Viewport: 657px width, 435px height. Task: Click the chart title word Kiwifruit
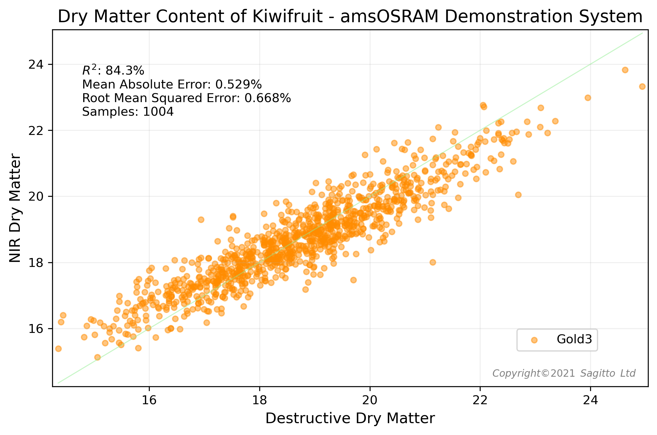(x=287, y=17)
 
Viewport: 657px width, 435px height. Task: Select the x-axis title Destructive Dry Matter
(x=350, y=418)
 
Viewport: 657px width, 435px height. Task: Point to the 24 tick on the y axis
(x=36, y=65)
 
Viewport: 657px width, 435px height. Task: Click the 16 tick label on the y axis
(x=36, y=329)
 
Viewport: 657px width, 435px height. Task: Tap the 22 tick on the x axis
(x=480, y=400)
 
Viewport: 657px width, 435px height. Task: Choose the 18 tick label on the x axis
(x=260, y=400)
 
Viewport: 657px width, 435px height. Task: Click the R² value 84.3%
(x=125, y=71)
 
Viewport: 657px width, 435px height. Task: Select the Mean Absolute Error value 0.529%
(x=239, y=85)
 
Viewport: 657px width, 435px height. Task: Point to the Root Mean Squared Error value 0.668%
(x=268, y=98)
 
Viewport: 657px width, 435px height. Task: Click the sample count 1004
(x=158, y=112)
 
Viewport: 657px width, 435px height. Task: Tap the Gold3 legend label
(x=574, y=339)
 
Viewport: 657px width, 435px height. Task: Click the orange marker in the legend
(x=534, y=340)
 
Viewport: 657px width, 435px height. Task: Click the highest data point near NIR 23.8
(x=625, y=70)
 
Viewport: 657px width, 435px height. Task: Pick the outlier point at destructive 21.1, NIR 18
(x=433, y=262)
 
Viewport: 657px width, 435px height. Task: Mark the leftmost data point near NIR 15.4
(x=58, y=349)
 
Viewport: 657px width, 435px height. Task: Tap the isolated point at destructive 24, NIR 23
(x=588, y=98)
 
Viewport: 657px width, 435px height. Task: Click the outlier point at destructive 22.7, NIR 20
(x=518, y=195)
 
